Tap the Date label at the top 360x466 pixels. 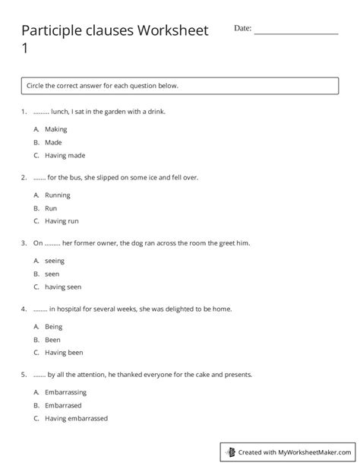pyautogui.click(x=242, y=28)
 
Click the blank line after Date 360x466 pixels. pyautogui.click(x=295, y=31)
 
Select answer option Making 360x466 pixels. pyautogui.click(x=56, y=129)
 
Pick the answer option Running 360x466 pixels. pyautogui.click(x=58, y=195)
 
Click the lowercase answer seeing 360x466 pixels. pyautogui.click(x=55, y=261)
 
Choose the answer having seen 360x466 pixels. pyautogui.click(x=63, y=287)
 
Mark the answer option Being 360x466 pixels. pyautogui.click(x=54, y=326)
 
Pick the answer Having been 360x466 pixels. pyautogui.click(x=65, y=353)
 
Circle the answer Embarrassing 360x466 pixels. pyautogui.click(x=65, y=392)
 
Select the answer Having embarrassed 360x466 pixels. pyautogui.click(x=76, y=419)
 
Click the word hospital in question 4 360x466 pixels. pyautogui.click(x=74, y=309)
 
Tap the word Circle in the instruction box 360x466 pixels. pyautogui.click(x=36, y=86)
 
